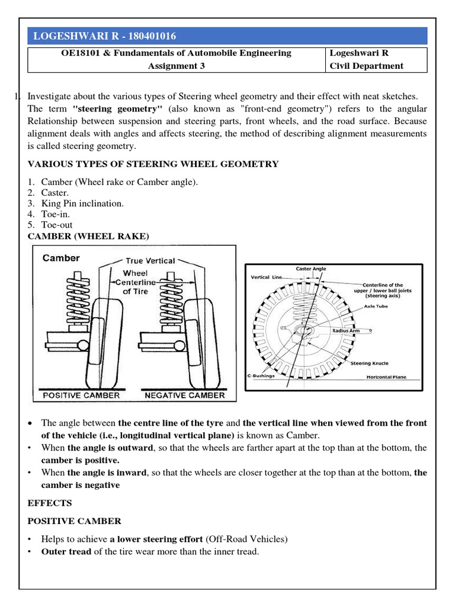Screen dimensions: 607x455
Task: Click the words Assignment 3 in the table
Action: click(176, 66)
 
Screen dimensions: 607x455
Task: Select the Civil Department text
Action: click(367, 66)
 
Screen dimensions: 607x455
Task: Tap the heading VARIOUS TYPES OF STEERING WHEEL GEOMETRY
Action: click(152, 164)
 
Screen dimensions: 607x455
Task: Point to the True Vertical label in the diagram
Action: click(150, 261)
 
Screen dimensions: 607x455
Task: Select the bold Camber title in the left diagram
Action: click(61, 258)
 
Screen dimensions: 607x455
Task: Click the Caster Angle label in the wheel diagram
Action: click(311, 269)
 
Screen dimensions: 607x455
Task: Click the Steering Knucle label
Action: click(369, 362)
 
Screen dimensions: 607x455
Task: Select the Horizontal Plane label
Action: click(386, 376)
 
